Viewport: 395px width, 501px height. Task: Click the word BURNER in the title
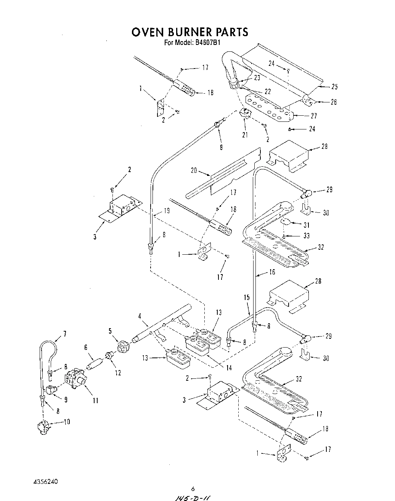(189, 32)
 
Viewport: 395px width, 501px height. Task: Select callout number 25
(334, 87)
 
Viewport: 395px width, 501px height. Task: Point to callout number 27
(313, 116)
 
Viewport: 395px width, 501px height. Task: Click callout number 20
(194, 170)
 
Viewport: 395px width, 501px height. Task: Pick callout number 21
(244, 134)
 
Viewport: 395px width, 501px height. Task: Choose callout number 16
(271, 272)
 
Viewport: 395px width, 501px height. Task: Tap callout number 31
(317, 225)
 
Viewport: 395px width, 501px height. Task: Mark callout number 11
(95, 400)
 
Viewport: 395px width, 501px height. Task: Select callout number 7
(65, 334)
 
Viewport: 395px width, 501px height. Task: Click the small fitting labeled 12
(109, 354)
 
